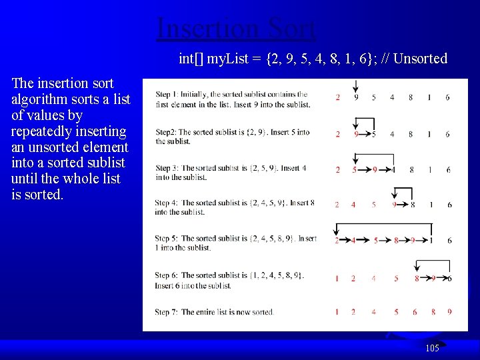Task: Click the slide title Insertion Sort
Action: click(x=236, y=29)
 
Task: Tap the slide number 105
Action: click(x=432, y=348)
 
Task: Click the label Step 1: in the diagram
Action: click(x=165, y=95)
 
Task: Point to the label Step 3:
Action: click(x=167, y=168)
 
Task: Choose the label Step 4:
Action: click(x=167, y=203)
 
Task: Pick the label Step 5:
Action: click(x=167, y=238)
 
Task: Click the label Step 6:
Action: click(x=167, y=275)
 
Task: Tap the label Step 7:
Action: click(x=167, y=312)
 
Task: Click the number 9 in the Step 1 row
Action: click(x=356, y=97)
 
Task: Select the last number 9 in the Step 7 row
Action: click(x=449, y=312)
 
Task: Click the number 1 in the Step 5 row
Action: click(x=431, y=240)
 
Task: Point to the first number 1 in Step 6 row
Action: click(x=337, y=278)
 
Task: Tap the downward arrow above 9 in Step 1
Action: click(x=357, y=85)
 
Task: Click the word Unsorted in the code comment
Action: click(x=420, y=59)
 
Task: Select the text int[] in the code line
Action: click(x=191, y=59)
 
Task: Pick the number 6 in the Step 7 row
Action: click(x=415, y=312)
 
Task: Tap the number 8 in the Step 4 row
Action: click(x=413, y=205)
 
